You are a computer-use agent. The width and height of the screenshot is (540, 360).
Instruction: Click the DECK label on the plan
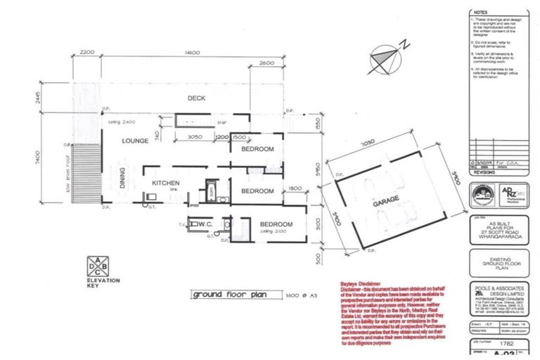point(195,98)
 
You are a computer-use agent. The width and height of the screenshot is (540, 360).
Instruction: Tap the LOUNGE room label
point(134,141)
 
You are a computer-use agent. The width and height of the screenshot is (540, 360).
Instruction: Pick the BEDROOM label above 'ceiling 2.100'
point(277,224)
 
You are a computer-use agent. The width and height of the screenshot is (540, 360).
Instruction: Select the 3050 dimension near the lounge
point(196,136)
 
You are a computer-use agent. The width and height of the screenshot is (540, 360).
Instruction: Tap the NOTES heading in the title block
point(480,12)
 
